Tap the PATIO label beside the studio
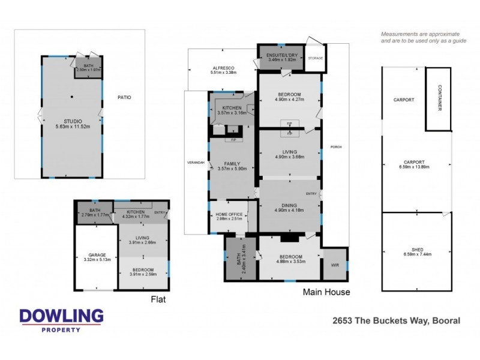click(x=124, y=97)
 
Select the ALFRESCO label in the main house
click(x=223, y=68)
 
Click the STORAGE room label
click(x=315, y=58)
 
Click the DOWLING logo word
click(x=61, y=316)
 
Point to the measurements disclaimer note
click(x=420, y=37)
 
